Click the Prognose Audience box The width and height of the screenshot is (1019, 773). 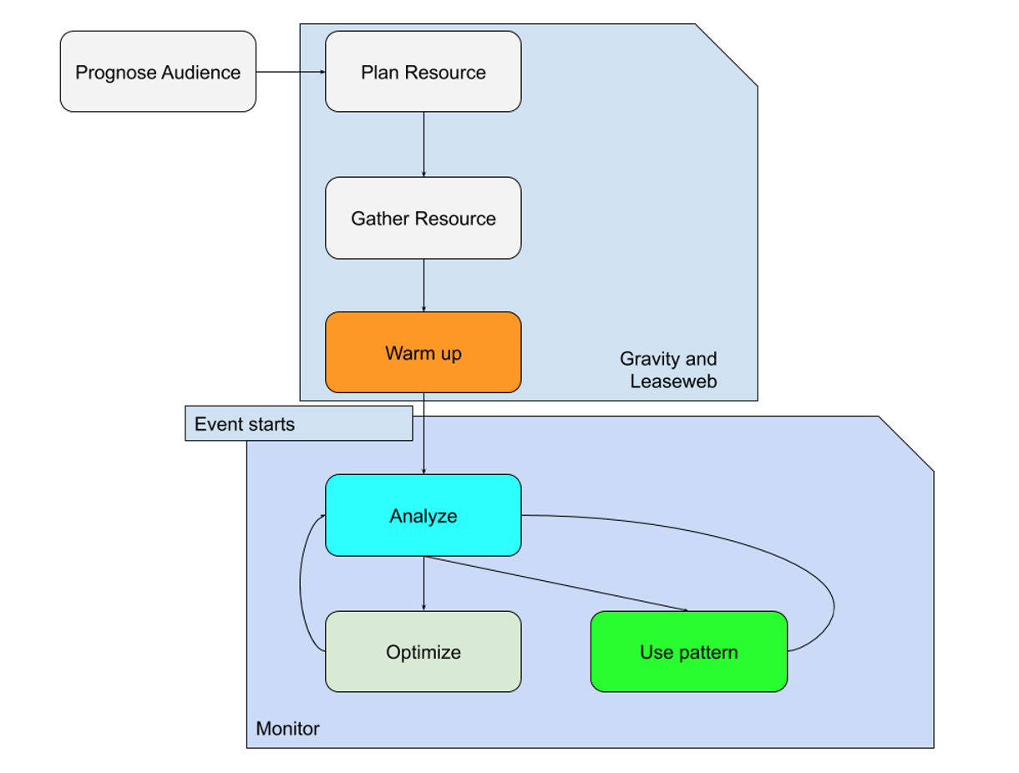[158, 72]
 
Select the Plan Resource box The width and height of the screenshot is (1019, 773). [423, 72]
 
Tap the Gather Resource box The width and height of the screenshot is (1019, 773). [423, 218]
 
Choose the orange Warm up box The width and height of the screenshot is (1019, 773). [423, 352]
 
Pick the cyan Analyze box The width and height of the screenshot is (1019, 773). [423, 515]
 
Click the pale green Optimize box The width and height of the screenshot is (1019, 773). [423, 651]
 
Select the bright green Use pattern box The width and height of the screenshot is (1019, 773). [688, 651]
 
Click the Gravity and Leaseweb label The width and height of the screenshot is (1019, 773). [668, 370]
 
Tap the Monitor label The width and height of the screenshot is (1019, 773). [287, 729]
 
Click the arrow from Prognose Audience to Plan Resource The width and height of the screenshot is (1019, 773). [290, 72]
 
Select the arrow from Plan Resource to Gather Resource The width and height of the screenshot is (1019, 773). [423, 144]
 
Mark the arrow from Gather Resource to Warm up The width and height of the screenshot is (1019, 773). [423, 285]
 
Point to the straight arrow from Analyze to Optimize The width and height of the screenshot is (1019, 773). [423, 583]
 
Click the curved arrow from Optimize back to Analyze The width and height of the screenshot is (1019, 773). [302, 584]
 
